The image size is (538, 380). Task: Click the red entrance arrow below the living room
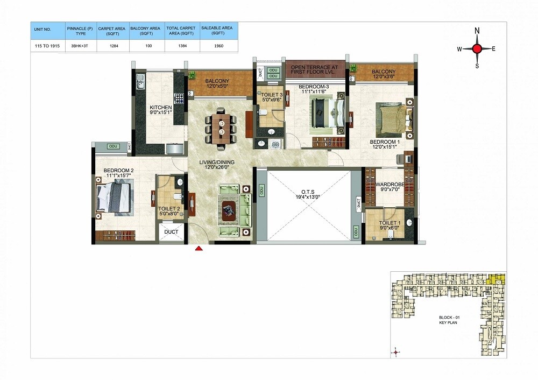pyautogui.click(x=199, y=248)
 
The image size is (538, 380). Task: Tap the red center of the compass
pyautogui.click(x=477, y=49)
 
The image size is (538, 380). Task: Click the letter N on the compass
pyautogui.click(x=477, y=32)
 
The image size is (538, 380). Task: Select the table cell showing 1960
pyautogui.click(x=218, y=45)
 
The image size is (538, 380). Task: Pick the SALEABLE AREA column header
pyautogui.click(x=218, y=30)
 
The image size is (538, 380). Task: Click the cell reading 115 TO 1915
pyautogui.click(x=47, y=45)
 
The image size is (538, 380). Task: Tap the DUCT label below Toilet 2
pyautogui.click(x=171, y=232)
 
